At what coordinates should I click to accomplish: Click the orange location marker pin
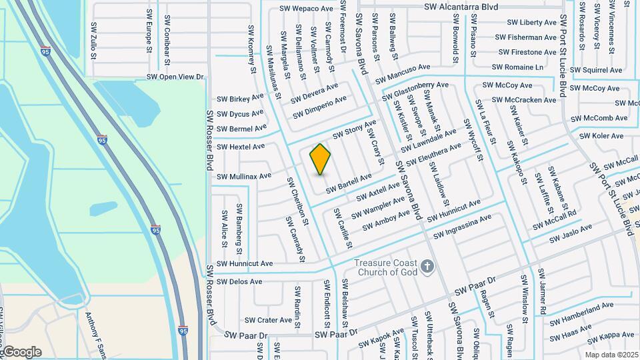tap(321, 159)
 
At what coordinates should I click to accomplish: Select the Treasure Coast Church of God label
tap(385, 268)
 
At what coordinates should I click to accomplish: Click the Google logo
tap(21, 352)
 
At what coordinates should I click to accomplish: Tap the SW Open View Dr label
tap(175, 77)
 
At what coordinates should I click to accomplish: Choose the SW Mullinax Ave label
tap(245, 176)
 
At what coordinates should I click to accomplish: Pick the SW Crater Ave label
tap(269, 320)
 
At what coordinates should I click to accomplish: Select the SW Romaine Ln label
tap(517, 67)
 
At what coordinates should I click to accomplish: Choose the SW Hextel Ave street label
tap(242, 146)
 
